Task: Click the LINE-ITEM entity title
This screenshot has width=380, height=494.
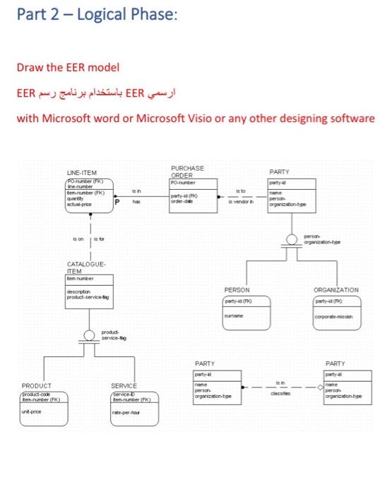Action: (x=82, y=172)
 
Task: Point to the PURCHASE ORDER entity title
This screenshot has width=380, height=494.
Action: (x=188, y=170)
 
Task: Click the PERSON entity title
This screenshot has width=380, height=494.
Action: (x=237, y=290)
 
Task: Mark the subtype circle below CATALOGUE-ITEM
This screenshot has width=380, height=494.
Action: (x=90, y=335)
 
